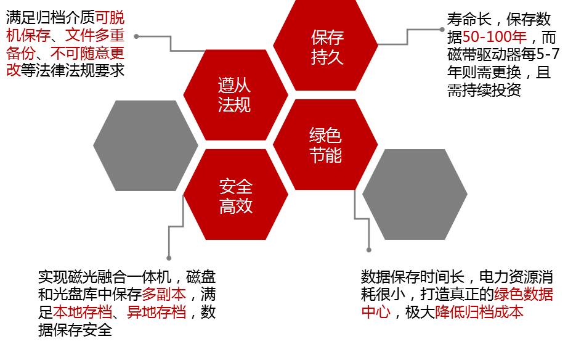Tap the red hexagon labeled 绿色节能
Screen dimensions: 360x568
[x=325, y=145]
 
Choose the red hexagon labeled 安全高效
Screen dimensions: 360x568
[x=235, y=195]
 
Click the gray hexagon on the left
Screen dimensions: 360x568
[x=145, y=145]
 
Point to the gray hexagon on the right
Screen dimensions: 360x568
[x=415, y=194]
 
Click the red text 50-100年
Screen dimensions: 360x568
[x=494, y=36]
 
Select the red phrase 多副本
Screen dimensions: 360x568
[x=164, y=294]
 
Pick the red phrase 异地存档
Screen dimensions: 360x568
[x=156, y=312]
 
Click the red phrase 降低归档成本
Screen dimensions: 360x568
[x=479, y=312]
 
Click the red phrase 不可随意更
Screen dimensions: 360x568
[x=87, y=52]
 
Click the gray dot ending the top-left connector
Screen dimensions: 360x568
[x=136, y=36]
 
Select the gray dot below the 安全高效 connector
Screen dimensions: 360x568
[x=169, y=258]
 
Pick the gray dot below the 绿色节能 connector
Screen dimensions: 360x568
[x=369, y=250]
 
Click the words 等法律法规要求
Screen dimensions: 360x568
[x=73, y=70]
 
